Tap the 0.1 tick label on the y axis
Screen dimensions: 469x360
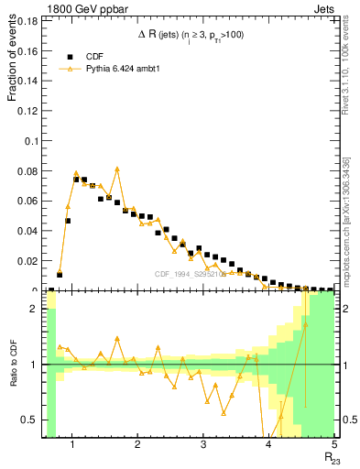(32, 142)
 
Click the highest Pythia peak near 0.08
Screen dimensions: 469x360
(117, 169)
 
